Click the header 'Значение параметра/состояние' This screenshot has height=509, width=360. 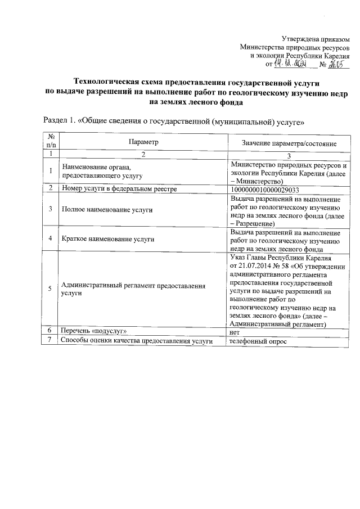[x=289, y=144]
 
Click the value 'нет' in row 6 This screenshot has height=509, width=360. [x=235, y=332]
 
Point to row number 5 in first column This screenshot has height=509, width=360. [x=51, y=289]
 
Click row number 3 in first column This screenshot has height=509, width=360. [x=51, y=210]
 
